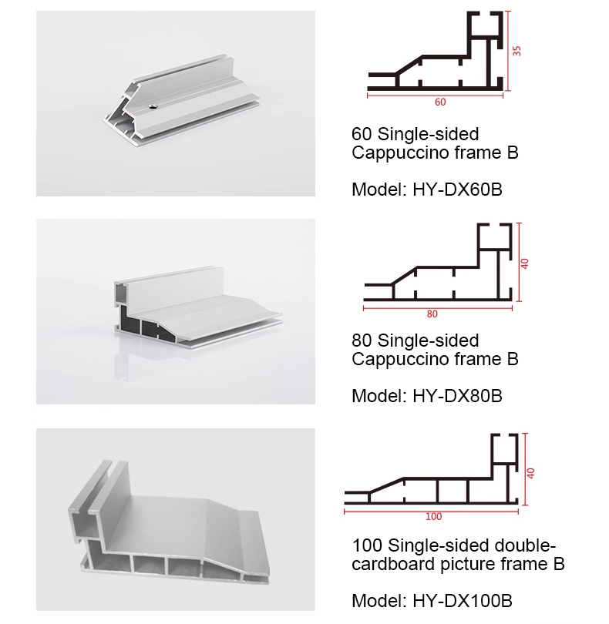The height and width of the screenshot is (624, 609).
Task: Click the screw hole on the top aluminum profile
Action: (152, 106)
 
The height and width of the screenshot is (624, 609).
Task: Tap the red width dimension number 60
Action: (440, 102)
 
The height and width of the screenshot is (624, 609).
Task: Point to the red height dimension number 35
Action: (516, 51)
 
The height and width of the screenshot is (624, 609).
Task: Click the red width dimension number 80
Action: (432, 314)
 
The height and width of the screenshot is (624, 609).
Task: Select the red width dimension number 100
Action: (433, 517)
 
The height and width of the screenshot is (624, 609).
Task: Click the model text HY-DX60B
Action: (457, 190)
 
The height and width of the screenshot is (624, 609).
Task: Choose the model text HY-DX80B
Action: (457, 396)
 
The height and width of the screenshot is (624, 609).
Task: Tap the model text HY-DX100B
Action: (462, 601)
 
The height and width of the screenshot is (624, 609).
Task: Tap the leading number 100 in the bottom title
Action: (367, 545)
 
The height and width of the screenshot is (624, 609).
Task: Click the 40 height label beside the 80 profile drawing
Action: (524, 263)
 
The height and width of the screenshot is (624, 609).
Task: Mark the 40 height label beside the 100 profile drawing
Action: (530, 473)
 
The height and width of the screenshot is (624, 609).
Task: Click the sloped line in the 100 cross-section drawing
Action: (386, 485)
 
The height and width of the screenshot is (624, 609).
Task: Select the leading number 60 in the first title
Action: (362, 135)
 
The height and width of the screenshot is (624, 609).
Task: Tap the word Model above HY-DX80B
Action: (379, 396)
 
